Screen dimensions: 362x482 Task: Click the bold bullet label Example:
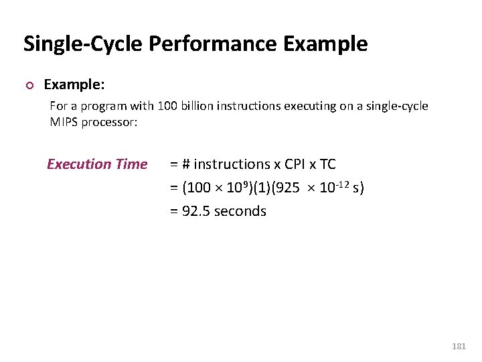pyautogui.click(x=74, y=84)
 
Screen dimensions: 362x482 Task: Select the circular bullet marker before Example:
pyautogui.click(x=28, y=85)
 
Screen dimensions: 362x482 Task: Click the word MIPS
pyautogui.click(x=64, y=122)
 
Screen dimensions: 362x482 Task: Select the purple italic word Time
pyautogui.click(x=131, y=164)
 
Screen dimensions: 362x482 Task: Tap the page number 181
pyautogui.click(x=459, y=347)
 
